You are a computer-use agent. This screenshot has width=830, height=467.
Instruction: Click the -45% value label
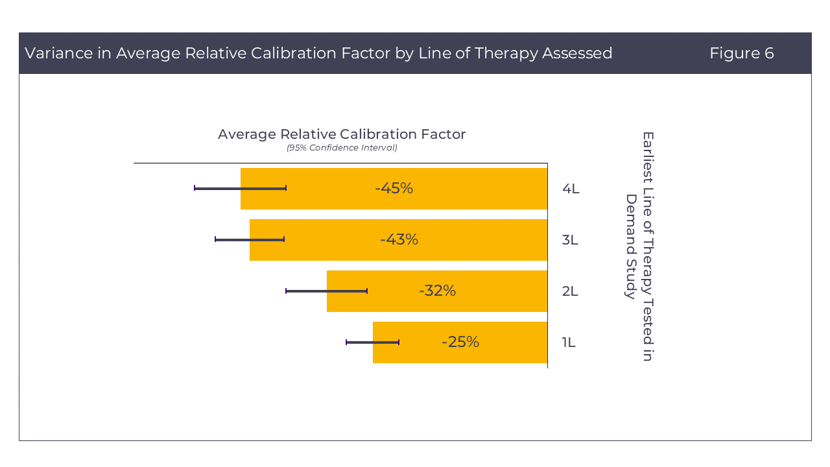tap(394, 188)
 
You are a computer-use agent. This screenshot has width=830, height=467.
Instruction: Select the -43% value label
tap(399, 239)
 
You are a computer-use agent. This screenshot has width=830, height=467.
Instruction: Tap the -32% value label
tap(437, 291)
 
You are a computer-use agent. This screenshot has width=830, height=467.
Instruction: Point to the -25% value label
tap(460, 342)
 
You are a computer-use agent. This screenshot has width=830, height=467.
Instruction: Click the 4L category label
tap(571, 189)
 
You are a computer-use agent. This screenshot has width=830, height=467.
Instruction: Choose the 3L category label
tap(570, 240)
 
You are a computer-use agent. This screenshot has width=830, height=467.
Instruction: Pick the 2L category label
tap(570, 291)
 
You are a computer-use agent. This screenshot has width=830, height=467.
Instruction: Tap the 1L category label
tap(569, 342)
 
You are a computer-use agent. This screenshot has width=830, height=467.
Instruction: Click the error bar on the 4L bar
tap(240, 188)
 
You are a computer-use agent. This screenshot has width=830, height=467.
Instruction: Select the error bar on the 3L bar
tap(250, 239)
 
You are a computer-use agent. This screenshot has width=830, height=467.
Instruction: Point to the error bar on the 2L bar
tap(326, 291)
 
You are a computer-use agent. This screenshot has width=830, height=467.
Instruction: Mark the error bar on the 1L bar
tap(372, 342)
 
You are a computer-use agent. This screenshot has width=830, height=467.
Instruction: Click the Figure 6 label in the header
tap(741, 53)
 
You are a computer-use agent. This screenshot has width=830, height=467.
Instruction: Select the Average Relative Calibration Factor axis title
tap(342, 134)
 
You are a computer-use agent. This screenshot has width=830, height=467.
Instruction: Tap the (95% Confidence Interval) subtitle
tap(342, 148)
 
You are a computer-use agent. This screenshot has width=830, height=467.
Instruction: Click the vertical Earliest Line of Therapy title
tap(639, 246)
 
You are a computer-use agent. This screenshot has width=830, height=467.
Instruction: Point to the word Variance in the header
tap(58, 53)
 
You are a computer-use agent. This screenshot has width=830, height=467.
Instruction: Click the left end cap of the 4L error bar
tap(195, 188)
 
